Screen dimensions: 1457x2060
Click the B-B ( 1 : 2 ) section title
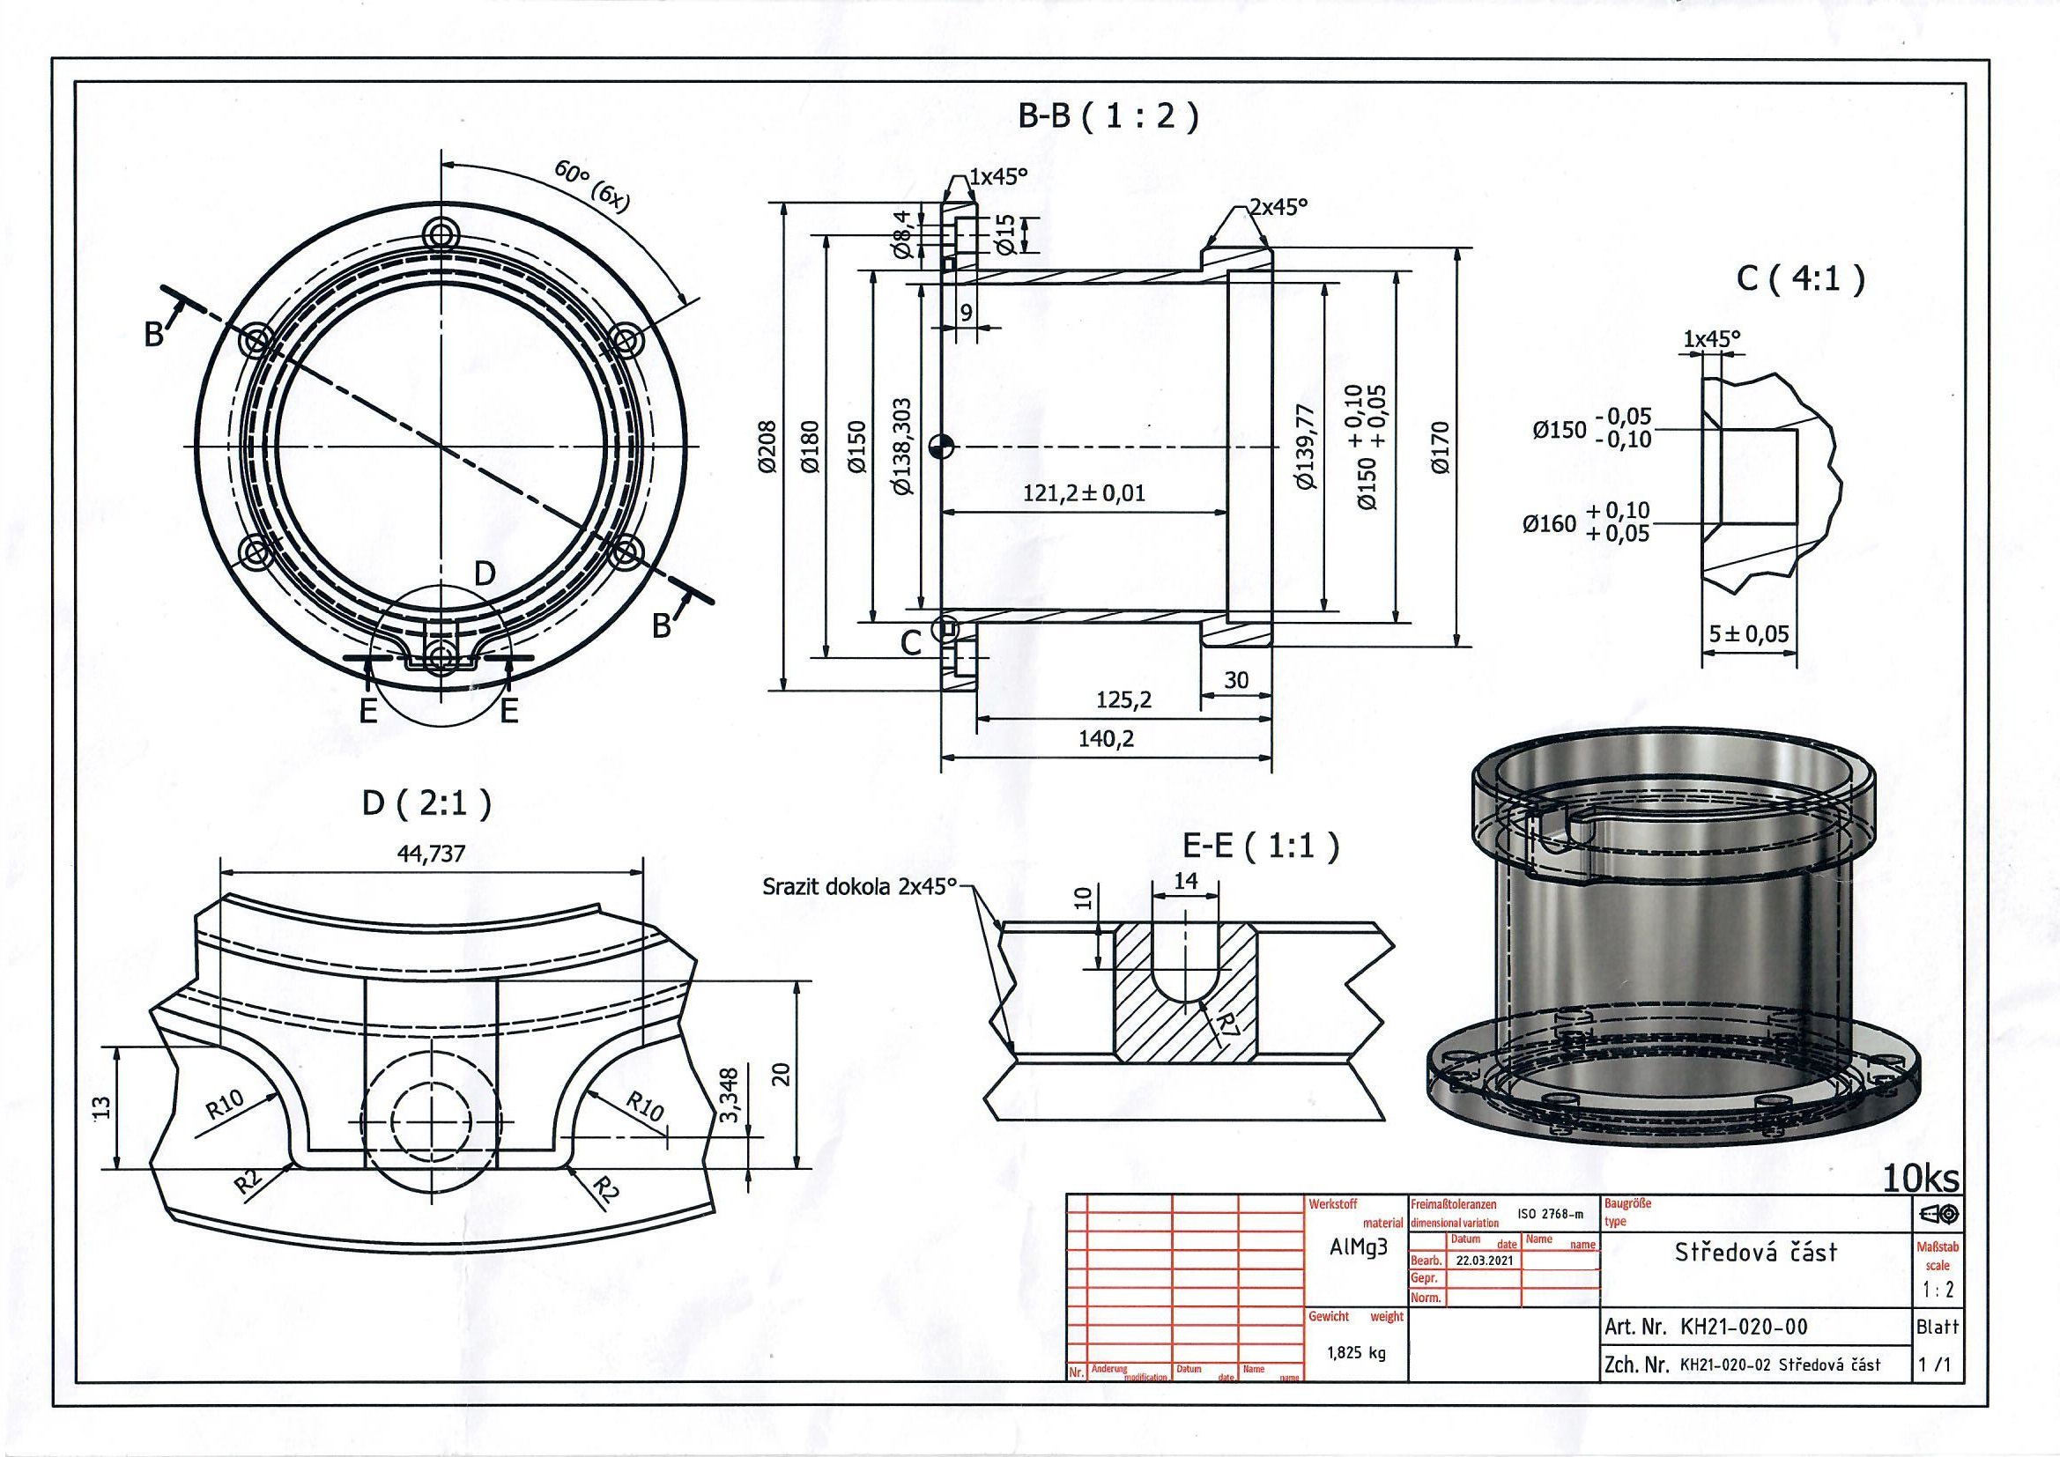[x=1108, y=117]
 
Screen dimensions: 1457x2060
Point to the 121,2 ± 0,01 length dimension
[x=1084, y=492]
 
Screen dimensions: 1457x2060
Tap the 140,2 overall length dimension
[x=1108, y=737]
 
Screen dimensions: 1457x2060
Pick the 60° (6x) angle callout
[x=593, y=186]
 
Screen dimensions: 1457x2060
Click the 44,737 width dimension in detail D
[x=431, y=854]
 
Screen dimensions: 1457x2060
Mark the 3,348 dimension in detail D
[x=730, y=1095]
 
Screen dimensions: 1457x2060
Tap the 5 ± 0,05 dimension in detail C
[x=1749, y=634]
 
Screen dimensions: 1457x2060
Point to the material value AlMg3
[x=1359, y=1249]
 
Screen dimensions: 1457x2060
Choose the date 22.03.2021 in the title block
[x=1484, y=1260]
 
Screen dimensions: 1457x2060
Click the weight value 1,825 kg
[x=1357, y=1352]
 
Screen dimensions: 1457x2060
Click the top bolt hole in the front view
[x=441, y=235]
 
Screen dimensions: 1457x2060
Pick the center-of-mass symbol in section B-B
[x=941, y=446]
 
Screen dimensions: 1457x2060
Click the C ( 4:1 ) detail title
[x=1800, y=279]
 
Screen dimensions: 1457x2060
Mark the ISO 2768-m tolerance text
[x=1551, y=1215]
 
